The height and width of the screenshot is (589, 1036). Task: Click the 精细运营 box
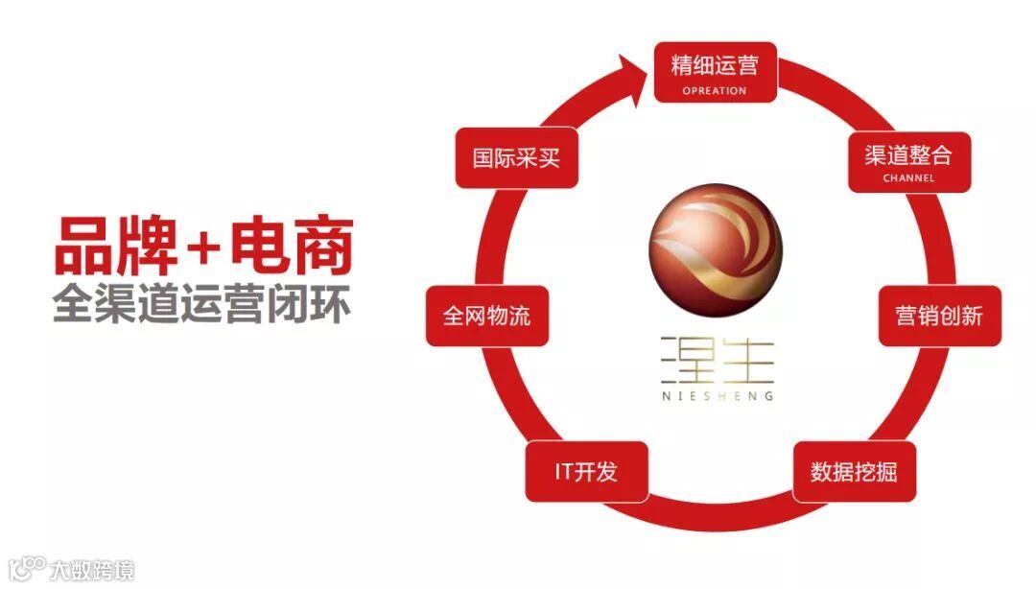[715, 72]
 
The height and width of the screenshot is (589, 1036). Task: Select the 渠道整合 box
[909, 161]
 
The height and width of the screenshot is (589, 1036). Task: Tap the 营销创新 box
[940, 317]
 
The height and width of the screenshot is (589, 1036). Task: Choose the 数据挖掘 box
[854, 472]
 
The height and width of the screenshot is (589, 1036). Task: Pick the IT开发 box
[587, 472]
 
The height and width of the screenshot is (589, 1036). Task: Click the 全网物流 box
[487, 317]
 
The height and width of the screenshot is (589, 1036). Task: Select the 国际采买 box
[516, 157]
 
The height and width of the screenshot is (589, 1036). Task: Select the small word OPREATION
[715, 91]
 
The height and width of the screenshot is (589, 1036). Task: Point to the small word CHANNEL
[909, 177]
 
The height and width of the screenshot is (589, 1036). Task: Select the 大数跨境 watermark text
[92, 570]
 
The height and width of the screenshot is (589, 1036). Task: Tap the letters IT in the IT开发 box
[564, 472]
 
